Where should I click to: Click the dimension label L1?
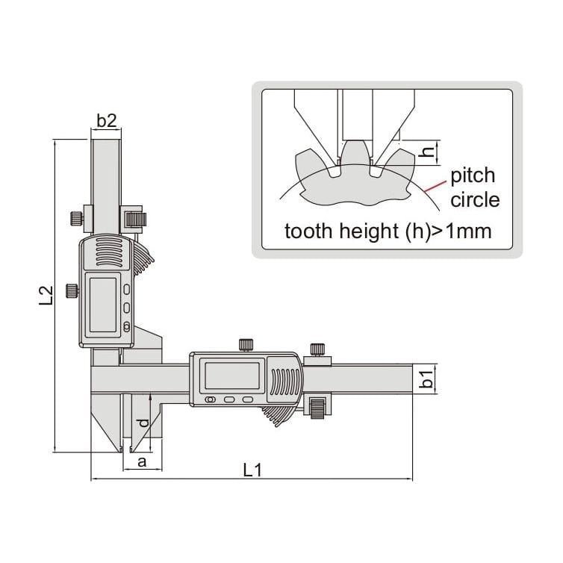252,470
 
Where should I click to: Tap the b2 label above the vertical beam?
107,119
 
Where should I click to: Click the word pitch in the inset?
472,175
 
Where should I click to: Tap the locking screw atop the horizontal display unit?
245,343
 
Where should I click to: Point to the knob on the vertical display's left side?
72,290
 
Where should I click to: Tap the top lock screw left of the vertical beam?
75,218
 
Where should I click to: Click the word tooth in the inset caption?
308,231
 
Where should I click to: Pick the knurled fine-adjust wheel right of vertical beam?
136,219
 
